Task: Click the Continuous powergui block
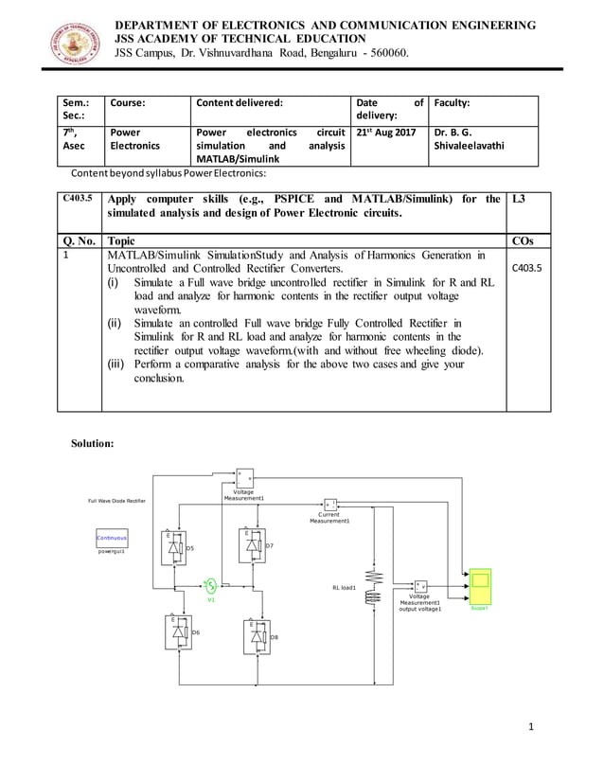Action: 111,538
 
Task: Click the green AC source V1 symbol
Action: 211,585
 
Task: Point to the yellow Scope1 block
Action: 481,579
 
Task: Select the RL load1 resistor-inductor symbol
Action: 371,586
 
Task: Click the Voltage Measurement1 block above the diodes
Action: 243,477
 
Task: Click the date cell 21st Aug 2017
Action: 387,133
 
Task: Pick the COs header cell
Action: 522,240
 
